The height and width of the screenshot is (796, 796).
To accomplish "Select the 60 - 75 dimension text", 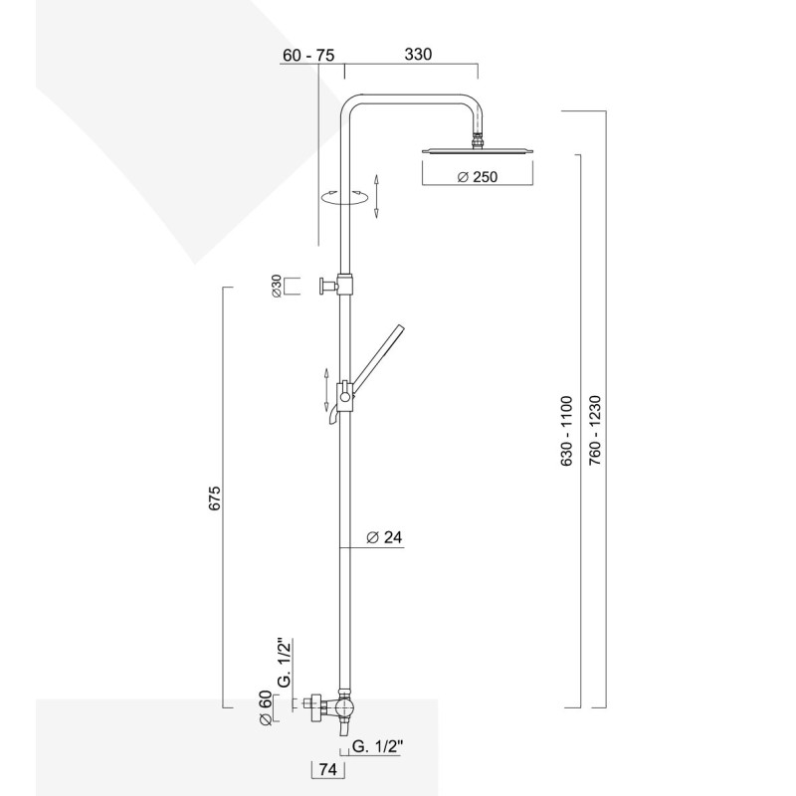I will click(x=307, y=56).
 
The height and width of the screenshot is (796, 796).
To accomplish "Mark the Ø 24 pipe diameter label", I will click(x=383, y=537).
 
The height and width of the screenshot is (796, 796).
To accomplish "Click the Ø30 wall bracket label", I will click(x=275, y=287).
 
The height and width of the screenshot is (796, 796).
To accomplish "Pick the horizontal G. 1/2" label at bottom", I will click(x=379, y=743).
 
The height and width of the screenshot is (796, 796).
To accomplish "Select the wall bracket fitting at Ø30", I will click(x=328, y=287).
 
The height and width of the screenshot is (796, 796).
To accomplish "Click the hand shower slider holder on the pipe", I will click(x=343, y=395).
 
